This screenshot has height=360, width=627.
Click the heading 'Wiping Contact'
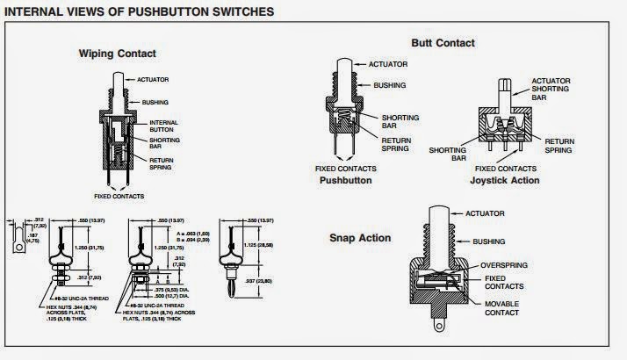pyautogui.click(x=118, y=53)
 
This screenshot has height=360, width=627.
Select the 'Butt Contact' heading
pyautogui.click(x=443, y=43)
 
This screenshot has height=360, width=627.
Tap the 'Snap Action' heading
pyautogui.click(x=360, y=238)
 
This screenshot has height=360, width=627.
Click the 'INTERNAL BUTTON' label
pyautogui.click(x=163, y=126)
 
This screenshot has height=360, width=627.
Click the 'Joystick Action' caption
pyautogui.click(x=504, y=180)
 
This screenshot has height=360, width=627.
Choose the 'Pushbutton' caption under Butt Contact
pyautogui.click(x=345, y=179)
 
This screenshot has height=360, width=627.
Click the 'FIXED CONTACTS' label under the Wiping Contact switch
pyautogui.click(x=119, y=195)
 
